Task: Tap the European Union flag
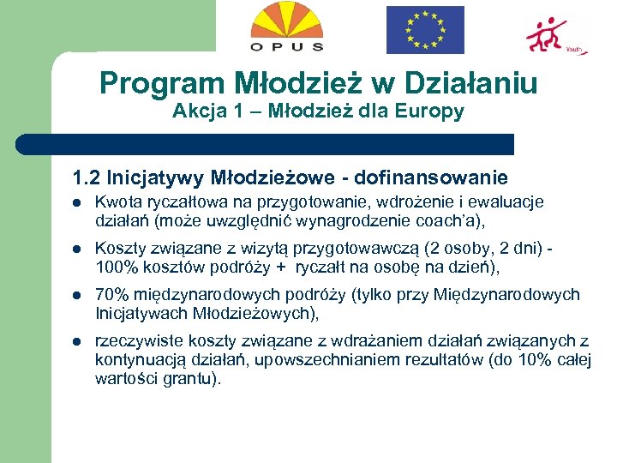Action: (x=425, y=30)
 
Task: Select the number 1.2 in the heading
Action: (x=86, y=178)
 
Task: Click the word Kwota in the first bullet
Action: (x=115, y=202)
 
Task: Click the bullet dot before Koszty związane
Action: (x=76, y=250)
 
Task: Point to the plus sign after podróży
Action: (x=279, y=267)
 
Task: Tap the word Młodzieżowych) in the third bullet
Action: (x=258, y=313)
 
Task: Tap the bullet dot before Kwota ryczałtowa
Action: (x=76, y=203)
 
